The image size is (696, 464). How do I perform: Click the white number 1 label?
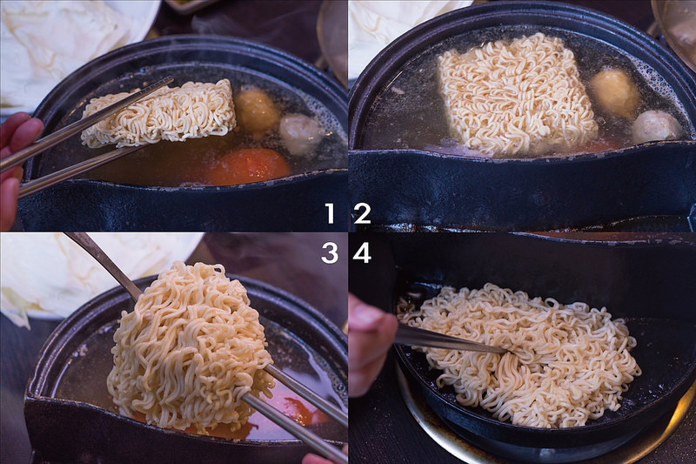click(330, 213)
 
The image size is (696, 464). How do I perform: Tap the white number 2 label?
click(362, 213)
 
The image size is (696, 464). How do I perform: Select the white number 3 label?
click(330, 252)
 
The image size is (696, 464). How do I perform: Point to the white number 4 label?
click(362, 252)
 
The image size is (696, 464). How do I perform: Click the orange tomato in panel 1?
click(248, 165)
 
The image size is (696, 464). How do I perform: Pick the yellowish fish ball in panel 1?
click(257, 111)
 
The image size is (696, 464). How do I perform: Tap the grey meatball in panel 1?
click(300, 133)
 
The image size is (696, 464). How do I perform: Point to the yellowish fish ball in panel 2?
click(614, 91)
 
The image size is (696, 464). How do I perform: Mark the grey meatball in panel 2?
click(656, 127)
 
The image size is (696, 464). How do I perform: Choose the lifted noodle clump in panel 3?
click(187, 348)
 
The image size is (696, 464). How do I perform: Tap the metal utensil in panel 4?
click(444, 340)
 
